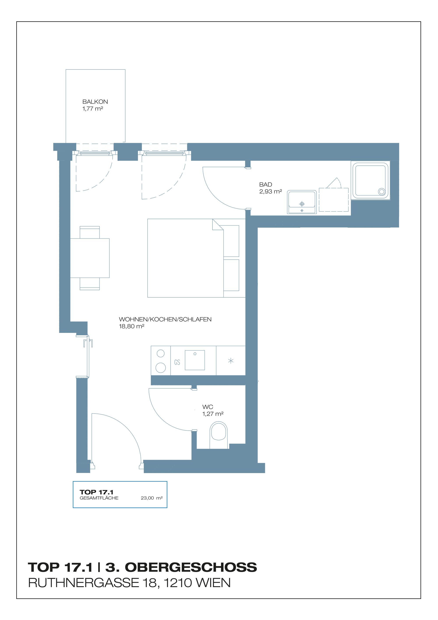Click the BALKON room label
point(95,102)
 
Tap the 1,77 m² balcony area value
point(93,108)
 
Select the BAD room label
point(266,185)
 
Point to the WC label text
point(208,407)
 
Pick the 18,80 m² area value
point(131,326)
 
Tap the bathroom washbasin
point(302,202)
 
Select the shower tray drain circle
point(381,192)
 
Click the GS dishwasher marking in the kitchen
point(177,362)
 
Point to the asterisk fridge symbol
point(231,361)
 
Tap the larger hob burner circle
point(161,368)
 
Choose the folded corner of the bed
point(218,224)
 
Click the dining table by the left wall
point(90,258)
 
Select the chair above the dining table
point(90,232)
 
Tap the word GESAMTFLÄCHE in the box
point(99,498)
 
